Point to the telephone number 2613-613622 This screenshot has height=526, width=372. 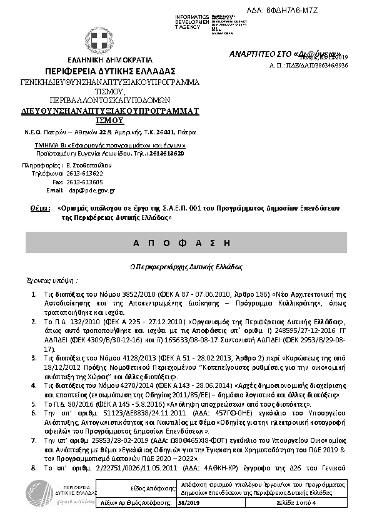pos(86,173)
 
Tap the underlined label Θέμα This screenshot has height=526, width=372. pos(39,211)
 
